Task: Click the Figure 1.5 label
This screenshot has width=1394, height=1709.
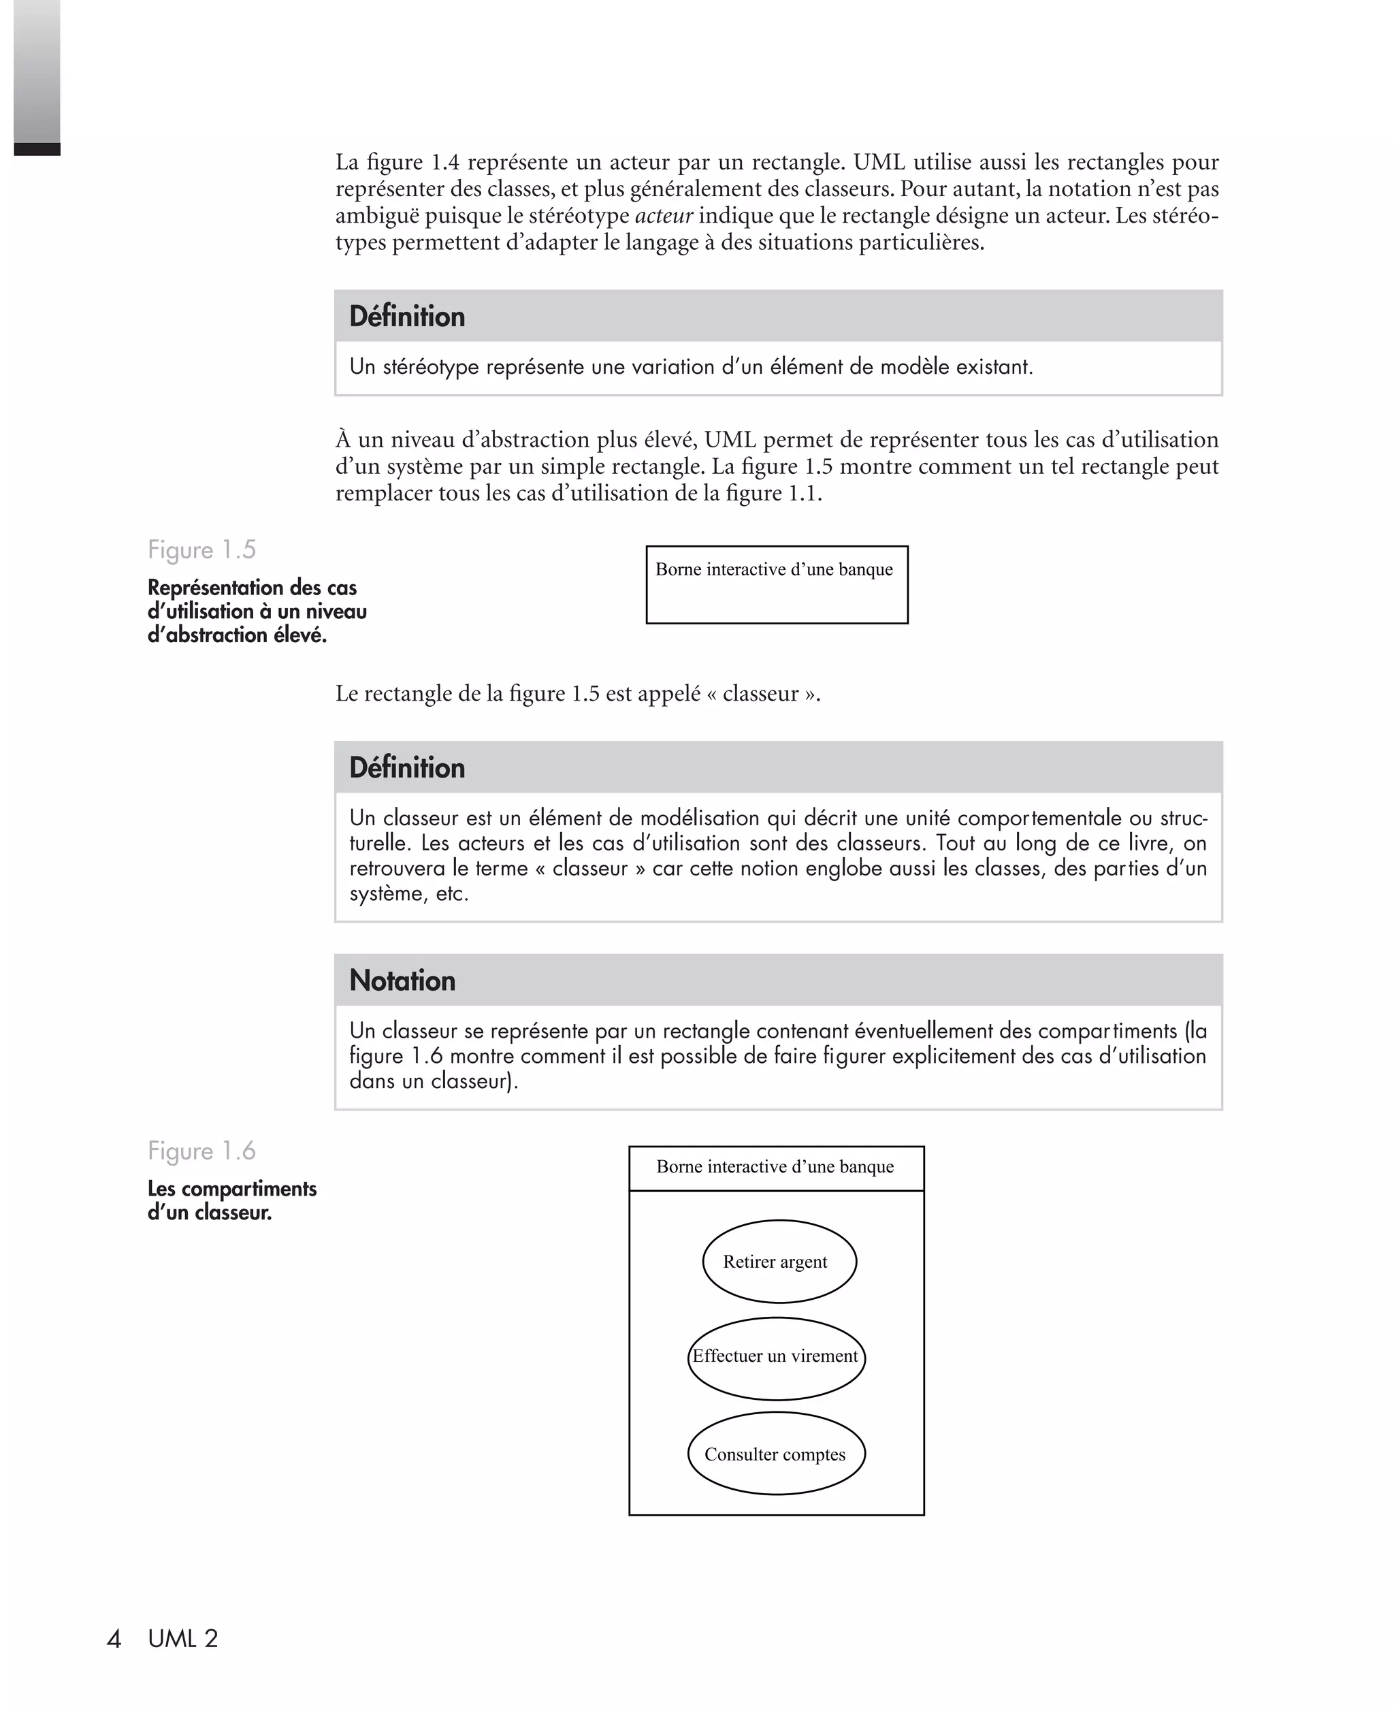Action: (x=201, y=550)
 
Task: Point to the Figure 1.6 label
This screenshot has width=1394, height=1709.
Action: (x=201, y=1151)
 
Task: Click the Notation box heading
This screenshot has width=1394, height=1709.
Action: (x=402, y=980)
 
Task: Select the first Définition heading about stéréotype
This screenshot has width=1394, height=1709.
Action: (x=407, y=317)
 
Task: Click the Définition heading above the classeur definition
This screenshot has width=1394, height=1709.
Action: (x=407, y=768)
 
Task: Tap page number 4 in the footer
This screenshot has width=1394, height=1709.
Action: (x=114, y=1638)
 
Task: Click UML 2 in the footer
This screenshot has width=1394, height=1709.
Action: (x=183, y=1638)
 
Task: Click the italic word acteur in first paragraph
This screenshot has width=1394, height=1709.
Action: (x=663, y=216)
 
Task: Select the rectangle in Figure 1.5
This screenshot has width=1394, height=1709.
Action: (x=777, y=585)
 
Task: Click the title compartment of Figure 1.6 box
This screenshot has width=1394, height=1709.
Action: (x=776, y=1168)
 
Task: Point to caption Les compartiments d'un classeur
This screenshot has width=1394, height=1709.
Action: (x=231, y=1200)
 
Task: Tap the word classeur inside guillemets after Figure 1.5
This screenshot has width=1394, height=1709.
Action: (x=760, y=694)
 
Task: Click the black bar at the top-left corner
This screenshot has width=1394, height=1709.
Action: (x=37, y=149)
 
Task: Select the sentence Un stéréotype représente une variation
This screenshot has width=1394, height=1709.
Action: (x=691, y=367)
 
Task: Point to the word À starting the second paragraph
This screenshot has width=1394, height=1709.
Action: (x=344, y=439)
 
